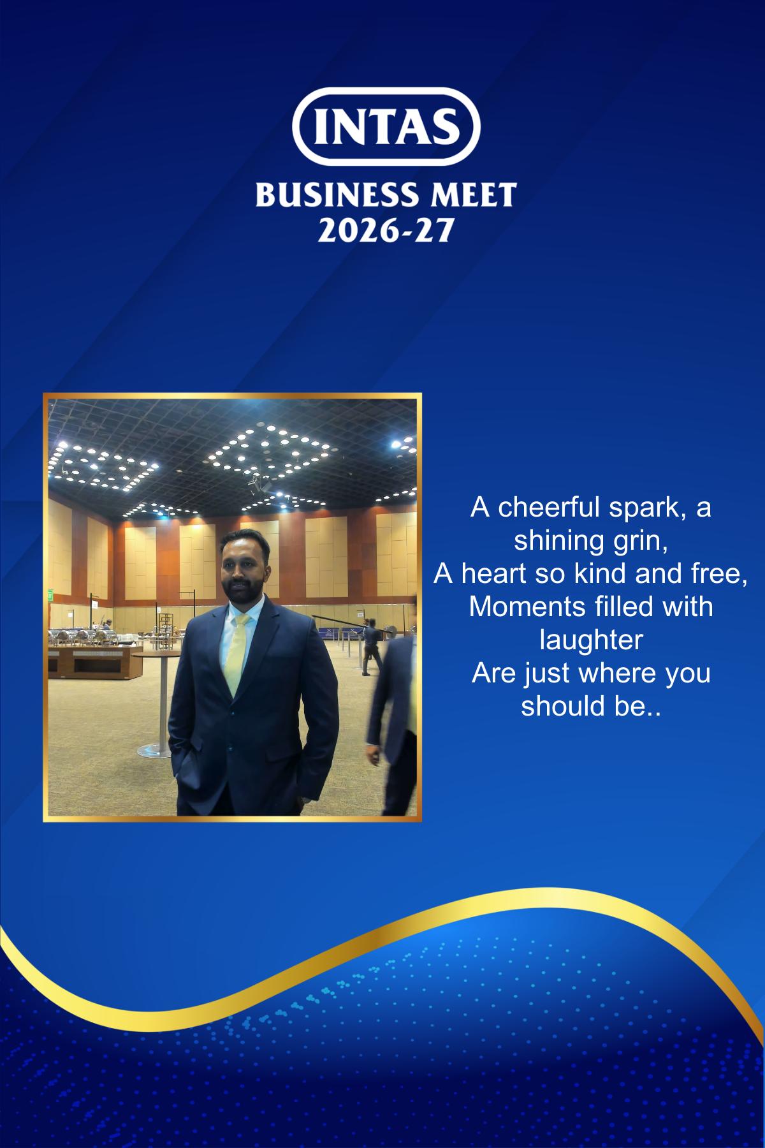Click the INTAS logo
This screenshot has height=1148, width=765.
tap(386, 126)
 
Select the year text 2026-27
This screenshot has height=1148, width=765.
tap(385, 230)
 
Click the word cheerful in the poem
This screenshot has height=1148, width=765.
tap(548, 508)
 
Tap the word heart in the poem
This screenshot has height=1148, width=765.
tap(495, 574)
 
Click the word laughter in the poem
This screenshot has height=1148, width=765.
tap(590, 640)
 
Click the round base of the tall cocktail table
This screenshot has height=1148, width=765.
tap(154, 751)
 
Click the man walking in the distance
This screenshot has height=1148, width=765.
tap(370, 647)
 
